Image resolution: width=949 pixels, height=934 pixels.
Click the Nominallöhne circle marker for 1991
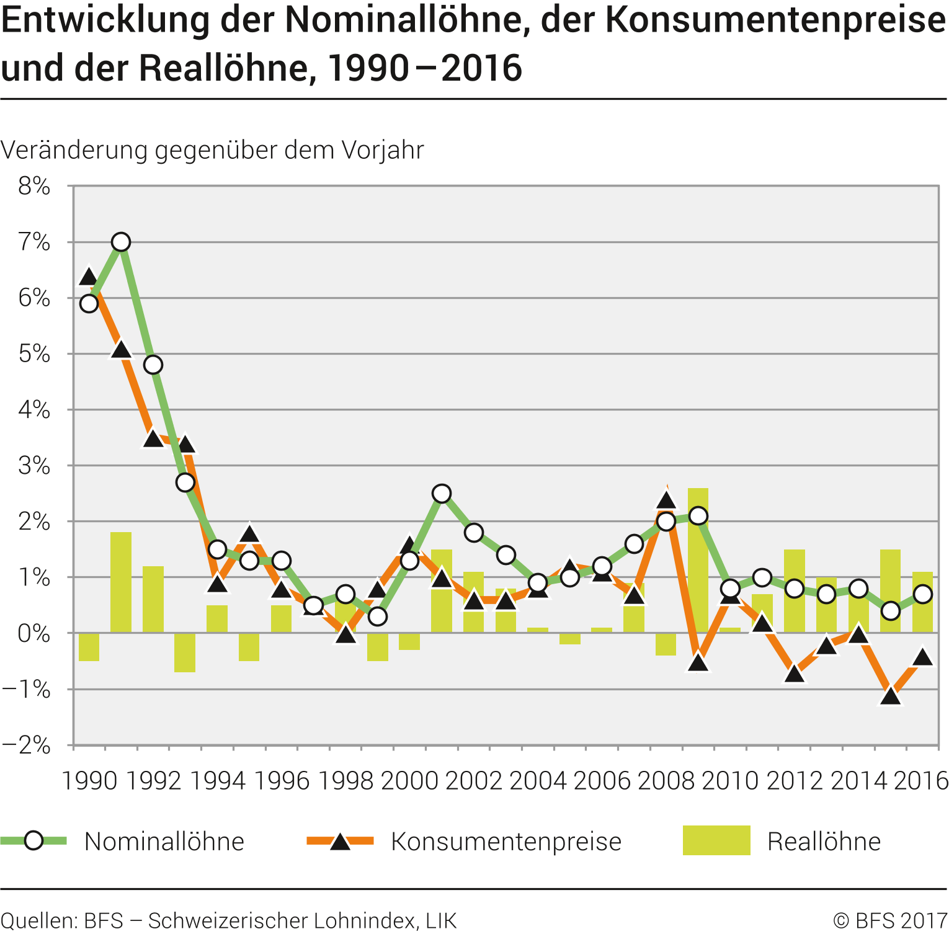pyautogui.click(x=121, y=242)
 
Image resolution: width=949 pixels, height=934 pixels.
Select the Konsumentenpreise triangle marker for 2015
pyautogui.click(x=891, y=696)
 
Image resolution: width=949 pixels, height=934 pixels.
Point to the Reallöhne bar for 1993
pyautogui.click(x=185, y=652)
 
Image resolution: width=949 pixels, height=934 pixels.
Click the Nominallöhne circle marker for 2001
pyautogui.click(x=442, y=494)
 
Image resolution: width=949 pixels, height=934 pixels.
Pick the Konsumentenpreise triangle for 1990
pyautogui.click(x=89, y=277)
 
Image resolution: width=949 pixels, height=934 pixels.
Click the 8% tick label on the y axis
pyautogui.click(x=34, y=186)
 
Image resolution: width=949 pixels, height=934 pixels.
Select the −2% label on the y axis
pyautogui.click(x=27, y=745)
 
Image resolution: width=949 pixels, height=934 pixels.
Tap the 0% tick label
pyautogui.click(x=34, y=633)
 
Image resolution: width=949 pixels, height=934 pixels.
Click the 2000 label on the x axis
pyautogui.click(x=409, y=780)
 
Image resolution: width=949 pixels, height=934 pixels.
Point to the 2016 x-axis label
pyautogui.click(x=922, y=780)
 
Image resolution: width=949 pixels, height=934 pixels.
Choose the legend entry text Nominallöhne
pyautogui.click(x=164, y=842)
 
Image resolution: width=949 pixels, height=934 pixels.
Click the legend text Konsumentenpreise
pyautogui.click(x=506, y=842)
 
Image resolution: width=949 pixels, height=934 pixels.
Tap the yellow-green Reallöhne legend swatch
pyautogui.click(x=716, y=840)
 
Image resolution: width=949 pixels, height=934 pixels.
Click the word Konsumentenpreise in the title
pyautogui.click(x=775, y=20)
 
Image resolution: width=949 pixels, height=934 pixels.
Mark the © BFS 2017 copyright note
pyautogui.click(x=890, y=920)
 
